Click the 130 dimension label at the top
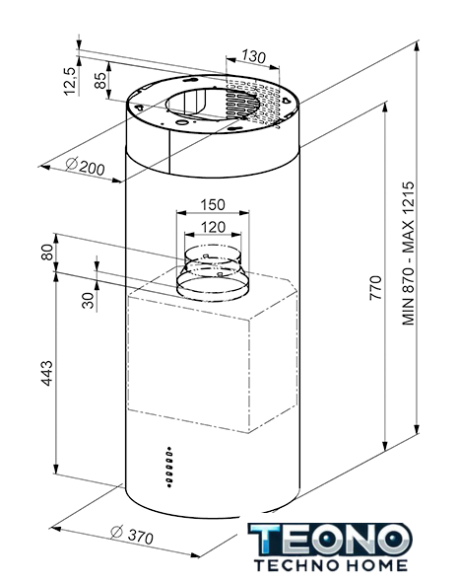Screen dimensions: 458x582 254,56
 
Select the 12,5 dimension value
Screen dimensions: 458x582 70,81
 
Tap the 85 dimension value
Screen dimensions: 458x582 100,80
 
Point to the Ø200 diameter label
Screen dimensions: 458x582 86,167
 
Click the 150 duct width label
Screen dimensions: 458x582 213,205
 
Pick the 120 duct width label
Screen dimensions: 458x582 213,227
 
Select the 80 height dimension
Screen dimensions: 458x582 47,253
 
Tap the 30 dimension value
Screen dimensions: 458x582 89,300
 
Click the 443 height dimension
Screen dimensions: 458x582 47,373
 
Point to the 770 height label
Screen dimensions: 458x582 375,288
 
